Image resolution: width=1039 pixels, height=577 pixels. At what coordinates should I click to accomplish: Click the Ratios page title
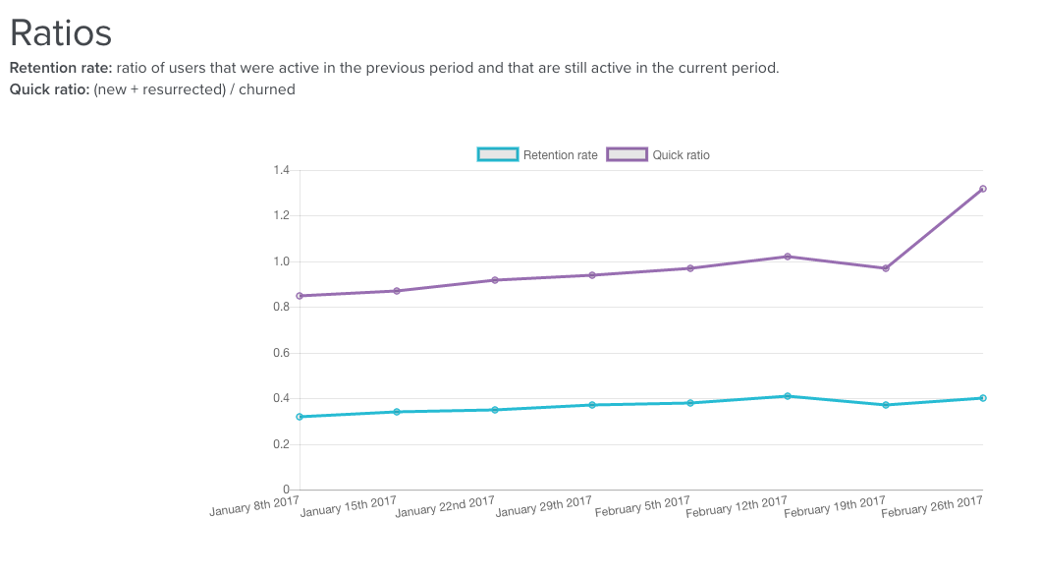coord(61,32)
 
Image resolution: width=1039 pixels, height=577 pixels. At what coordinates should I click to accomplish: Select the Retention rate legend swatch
coord(497,154)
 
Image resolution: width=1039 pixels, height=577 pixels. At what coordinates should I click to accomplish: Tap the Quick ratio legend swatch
coord(627,154)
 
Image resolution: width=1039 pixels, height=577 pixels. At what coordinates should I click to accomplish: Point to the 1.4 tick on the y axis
coord(281,171)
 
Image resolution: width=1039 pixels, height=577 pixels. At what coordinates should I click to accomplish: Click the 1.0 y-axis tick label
coord(281,261)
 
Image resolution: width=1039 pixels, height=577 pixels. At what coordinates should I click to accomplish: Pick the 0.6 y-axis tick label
coord(281,353)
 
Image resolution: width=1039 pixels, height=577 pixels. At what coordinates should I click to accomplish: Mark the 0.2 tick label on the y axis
coord(281,444)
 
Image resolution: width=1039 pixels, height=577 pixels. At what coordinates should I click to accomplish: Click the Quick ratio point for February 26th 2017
coord(982,189)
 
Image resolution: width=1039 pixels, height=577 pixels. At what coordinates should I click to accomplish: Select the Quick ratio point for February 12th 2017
coord(788,257)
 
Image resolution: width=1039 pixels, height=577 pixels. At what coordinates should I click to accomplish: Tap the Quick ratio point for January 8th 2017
coord(300,296)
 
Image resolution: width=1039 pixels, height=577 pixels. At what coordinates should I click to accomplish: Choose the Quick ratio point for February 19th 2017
coord(885,268)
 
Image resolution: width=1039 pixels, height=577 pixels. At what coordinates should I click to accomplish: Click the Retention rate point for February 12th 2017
coord(788,396)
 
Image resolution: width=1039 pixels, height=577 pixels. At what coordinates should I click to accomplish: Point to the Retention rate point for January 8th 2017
coord(300,417)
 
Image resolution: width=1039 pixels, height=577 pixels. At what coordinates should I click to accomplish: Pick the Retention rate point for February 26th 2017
coord(982,398)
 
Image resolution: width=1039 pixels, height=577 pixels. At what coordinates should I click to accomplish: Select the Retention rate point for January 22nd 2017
coord(495,410)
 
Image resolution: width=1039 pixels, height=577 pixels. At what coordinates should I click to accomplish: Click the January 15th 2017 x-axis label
coord(348,509)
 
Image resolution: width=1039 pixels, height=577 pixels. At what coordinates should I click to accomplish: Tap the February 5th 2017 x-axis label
coord(642,506)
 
